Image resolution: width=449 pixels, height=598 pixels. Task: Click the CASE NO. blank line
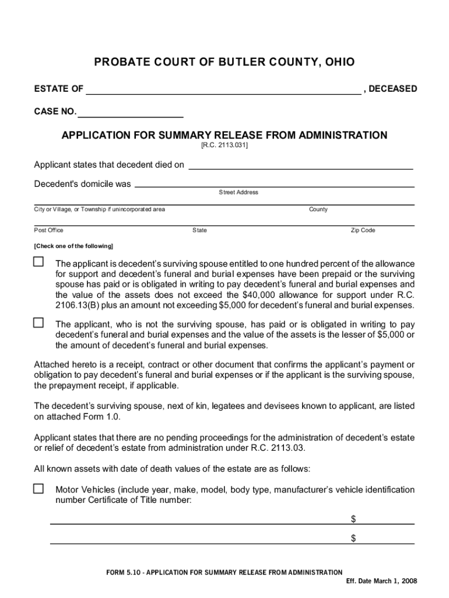tap(130, 113)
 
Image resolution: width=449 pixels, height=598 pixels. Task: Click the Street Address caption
tap(238, 192)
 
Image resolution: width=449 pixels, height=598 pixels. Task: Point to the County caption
tap(318, 209)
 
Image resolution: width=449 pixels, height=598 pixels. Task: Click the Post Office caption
tap(49, 230)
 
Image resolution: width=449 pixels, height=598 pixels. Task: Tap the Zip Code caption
tap(363, 230)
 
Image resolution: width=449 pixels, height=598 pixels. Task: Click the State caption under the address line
tap(199, 230)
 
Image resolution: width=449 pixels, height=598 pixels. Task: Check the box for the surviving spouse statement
tap(38, 262)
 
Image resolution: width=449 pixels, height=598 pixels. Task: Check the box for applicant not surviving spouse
tap(38, 322)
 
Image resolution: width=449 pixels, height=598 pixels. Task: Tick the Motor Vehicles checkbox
tap(38, 488)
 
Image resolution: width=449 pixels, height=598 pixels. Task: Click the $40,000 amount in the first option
tap(258, 295)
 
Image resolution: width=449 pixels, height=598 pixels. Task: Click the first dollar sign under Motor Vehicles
tap(353, 519)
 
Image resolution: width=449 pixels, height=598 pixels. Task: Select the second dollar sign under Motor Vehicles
tap(353, 538)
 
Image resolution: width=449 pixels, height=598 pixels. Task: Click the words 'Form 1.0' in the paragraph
tap(104, 417)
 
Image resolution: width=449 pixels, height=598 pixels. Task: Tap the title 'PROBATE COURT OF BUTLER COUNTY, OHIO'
tap(224, 62)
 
